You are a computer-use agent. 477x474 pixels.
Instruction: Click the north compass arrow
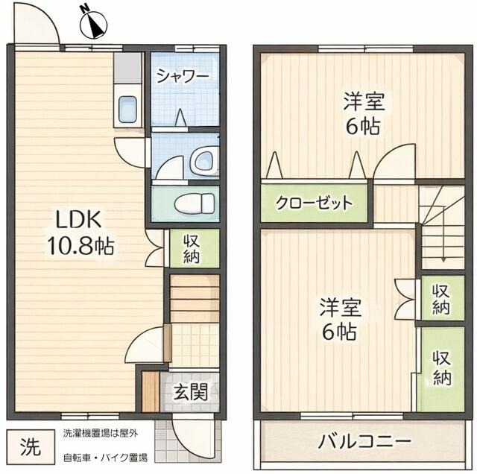tap(93, 22)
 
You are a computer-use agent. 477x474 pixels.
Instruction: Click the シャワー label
tap(183, 76)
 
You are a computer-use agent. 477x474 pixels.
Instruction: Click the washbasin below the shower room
tap(200, 159)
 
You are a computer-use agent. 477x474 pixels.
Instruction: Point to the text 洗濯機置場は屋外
tap(100, 433)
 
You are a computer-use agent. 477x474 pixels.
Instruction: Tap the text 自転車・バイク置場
tap(104, 457)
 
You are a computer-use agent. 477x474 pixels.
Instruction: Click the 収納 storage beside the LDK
tap(190, 249)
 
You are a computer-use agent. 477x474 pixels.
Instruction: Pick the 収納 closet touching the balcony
tap(442, 368)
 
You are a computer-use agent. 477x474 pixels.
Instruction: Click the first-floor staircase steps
tap(195, 298)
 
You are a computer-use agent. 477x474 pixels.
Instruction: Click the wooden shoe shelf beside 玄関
tap(151, 391)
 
